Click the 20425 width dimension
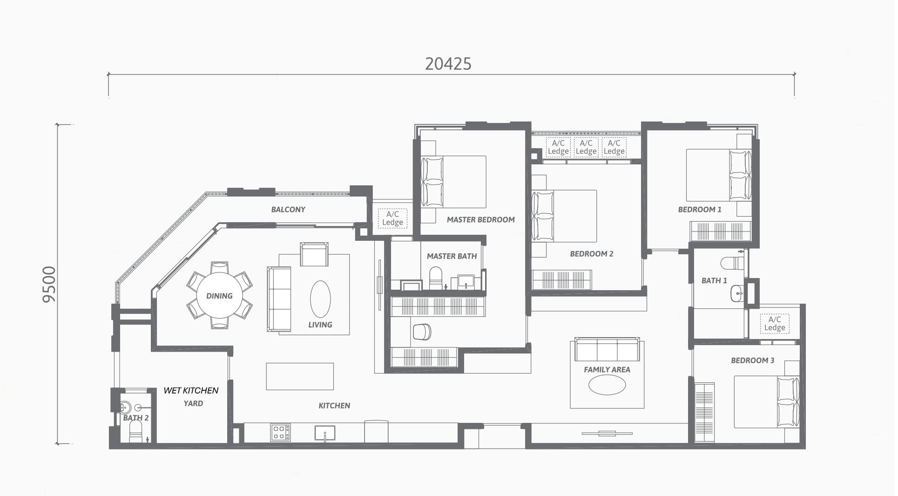coord(448,64)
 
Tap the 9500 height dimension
coord(49,284)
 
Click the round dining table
coord(219,296)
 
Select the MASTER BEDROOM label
coord(480,219)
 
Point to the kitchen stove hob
coord(281,433)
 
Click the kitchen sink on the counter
coord(324,433)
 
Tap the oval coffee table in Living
coord(320,299)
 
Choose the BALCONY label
coord(288,210)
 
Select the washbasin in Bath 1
coord(737,293)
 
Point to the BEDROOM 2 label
coord(591,254)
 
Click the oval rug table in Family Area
coord(607,385)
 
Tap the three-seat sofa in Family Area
coord(607,350)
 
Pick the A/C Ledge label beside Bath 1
coord(775,323)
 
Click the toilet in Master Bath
coord(436,278)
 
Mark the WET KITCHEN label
coord(191,390)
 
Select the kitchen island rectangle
coord(300,376)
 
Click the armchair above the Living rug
coord(314,254)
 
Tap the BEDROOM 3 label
coord(752,360)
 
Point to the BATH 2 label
coord(136,418)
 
